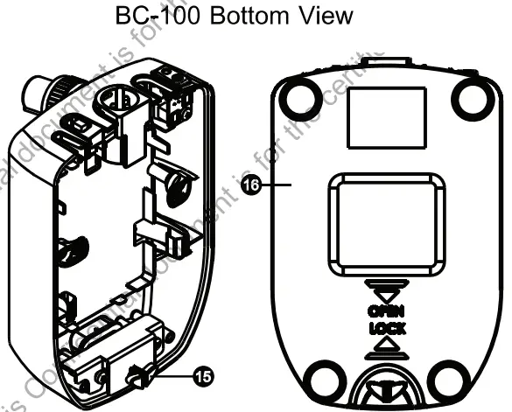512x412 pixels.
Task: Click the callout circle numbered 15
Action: coord(202,377)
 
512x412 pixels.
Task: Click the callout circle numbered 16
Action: coord(251,185)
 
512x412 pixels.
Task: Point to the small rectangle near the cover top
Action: coord(384,117)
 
